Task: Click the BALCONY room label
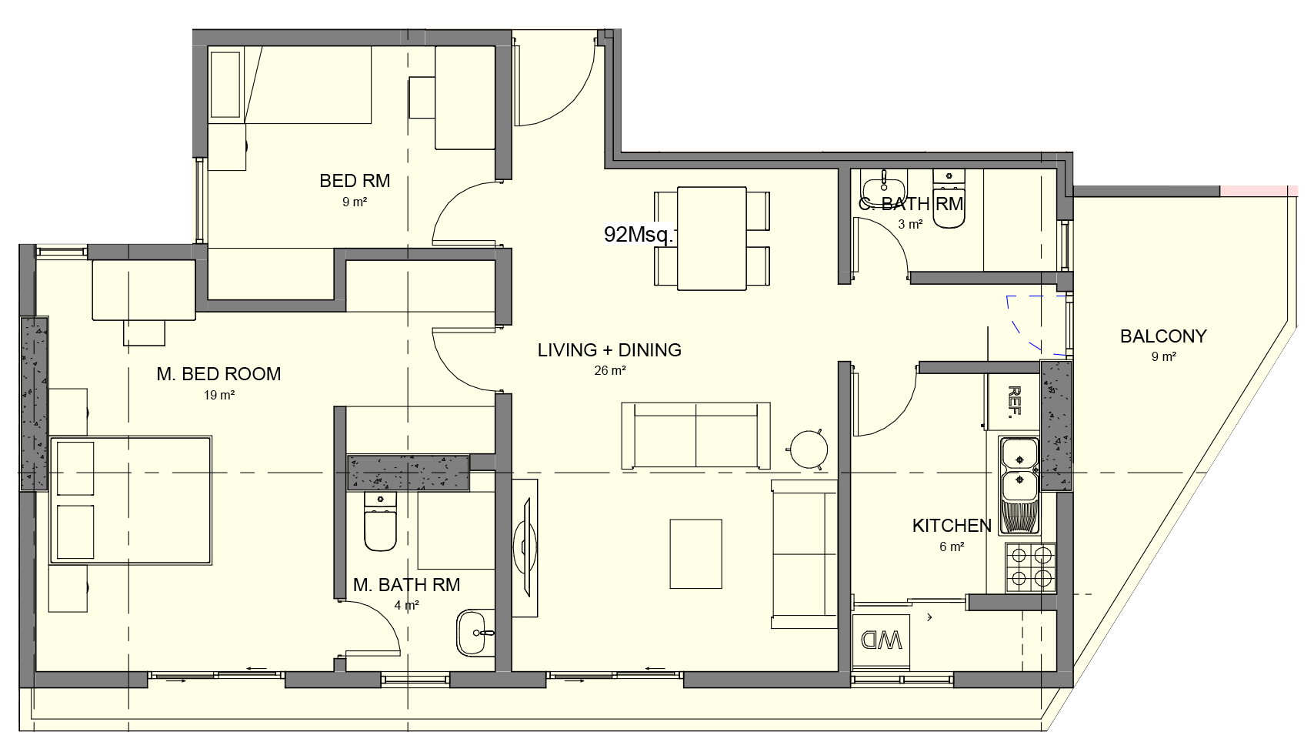(x=1163, y=336)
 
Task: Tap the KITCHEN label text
(x=952, y=526)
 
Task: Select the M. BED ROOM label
(x=218, y=374)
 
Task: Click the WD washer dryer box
(x=881, y=640)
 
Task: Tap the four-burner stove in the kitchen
(x=1031, y=568)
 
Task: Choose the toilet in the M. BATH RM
(x=380, y=521)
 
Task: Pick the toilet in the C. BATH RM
(x=949, y=199)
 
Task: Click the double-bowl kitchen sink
(x=1019, y=486)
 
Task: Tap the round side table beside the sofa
(x=809, y=450)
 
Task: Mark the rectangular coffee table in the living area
(x=695, y=553)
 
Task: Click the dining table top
(x=712, y=239)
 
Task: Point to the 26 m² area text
(x=610, y=370)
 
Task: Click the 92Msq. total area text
(x=639, y=235)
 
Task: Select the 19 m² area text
(x=219, y=395)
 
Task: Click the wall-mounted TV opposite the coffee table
(x=525, y=548)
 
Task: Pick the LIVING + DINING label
(x=609, y=350)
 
